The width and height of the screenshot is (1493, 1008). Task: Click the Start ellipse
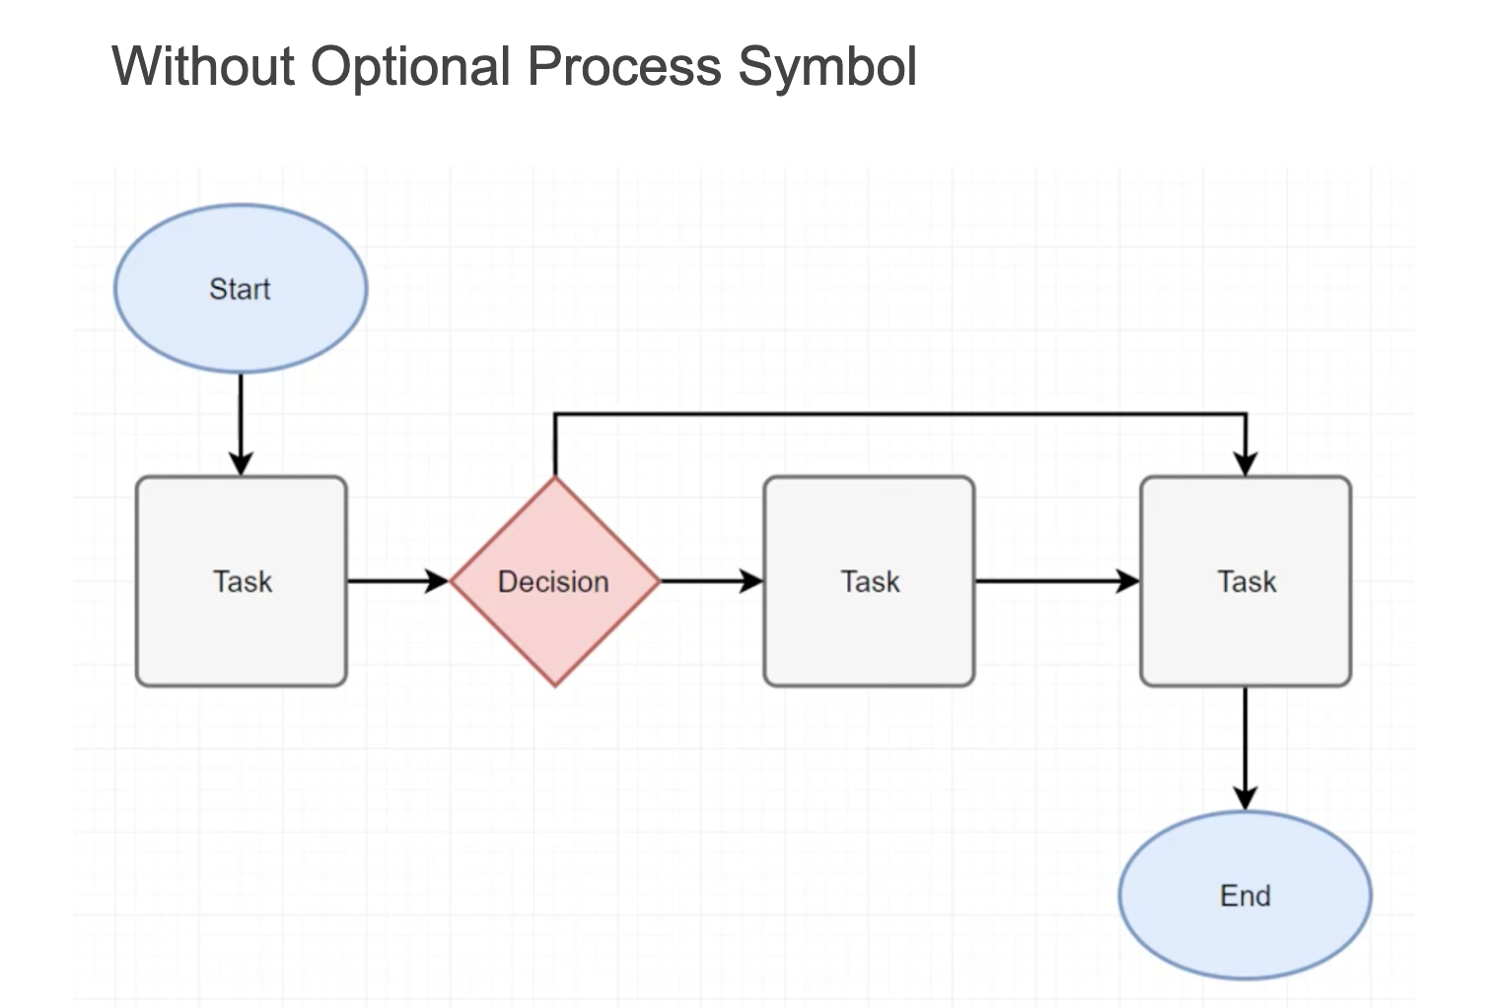[241, 289]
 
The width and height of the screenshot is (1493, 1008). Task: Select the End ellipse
[1245, 896]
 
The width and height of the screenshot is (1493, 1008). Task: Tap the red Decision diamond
[555, 581]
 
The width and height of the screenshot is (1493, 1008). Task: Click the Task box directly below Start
[242, 581]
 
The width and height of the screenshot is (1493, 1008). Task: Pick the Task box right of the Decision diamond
[869, 581]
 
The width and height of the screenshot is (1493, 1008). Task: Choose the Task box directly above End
[1245, 581]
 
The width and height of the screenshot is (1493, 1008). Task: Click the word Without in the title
[203, 66]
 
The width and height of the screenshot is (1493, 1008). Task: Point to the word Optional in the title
[410, 68]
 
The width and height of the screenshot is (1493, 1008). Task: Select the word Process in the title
[624, 66]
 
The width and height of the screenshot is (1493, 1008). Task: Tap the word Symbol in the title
[827, 68]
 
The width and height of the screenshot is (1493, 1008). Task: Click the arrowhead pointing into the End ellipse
[1245, 798]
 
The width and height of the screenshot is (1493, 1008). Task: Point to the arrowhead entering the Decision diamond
[437, 581]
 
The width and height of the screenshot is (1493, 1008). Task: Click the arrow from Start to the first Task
[241, 425]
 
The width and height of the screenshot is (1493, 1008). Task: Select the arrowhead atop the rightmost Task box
[1245, 464]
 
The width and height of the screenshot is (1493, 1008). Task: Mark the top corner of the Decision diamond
[555, 476]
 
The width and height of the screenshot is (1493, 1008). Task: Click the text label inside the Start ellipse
[240, 289]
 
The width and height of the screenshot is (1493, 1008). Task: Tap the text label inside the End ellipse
[1245, 896]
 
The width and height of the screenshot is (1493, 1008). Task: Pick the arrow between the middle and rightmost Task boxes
[1057, 581]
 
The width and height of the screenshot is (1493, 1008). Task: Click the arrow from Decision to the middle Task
[712, 581]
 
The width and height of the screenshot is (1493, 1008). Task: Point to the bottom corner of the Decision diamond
[555, 686]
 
